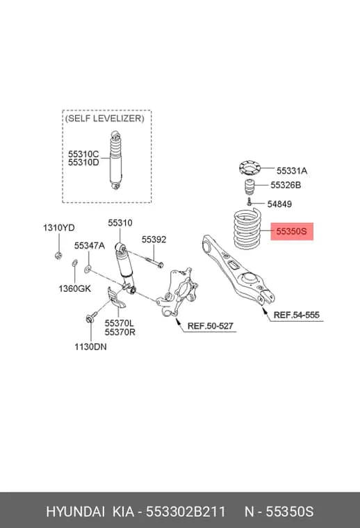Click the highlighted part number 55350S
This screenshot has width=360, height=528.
pos(292,231)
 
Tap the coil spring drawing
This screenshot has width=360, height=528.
pos(247,229)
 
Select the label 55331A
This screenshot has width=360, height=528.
pos(292,171)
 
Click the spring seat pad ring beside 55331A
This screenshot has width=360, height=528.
pos(250,168)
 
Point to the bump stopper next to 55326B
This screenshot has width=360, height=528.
pos(249,187)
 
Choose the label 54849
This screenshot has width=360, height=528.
pos(279,204)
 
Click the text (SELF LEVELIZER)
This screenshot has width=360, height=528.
pos(104,118)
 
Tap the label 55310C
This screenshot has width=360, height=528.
pos(83,154)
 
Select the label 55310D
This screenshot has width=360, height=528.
pos(83,163)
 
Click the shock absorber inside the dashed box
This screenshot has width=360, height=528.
pos(115,160)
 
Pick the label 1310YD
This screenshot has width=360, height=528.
pos(58,228)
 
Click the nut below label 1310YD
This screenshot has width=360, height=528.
pos(58,255)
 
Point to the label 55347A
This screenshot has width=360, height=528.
pos(90,245)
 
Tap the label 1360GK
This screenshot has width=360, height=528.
pos(75,288)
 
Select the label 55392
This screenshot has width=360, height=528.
pos(154,240)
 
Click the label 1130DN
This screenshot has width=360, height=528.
pos(90,347)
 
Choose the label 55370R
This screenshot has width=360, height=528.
pos(120,332)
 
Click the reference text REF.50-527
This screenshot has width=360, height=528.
pos(210,326)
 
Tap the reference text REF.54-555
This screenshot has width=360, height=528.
pos(296,315)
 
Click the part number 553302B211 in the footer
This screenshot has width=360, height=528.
pos(186,511)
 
